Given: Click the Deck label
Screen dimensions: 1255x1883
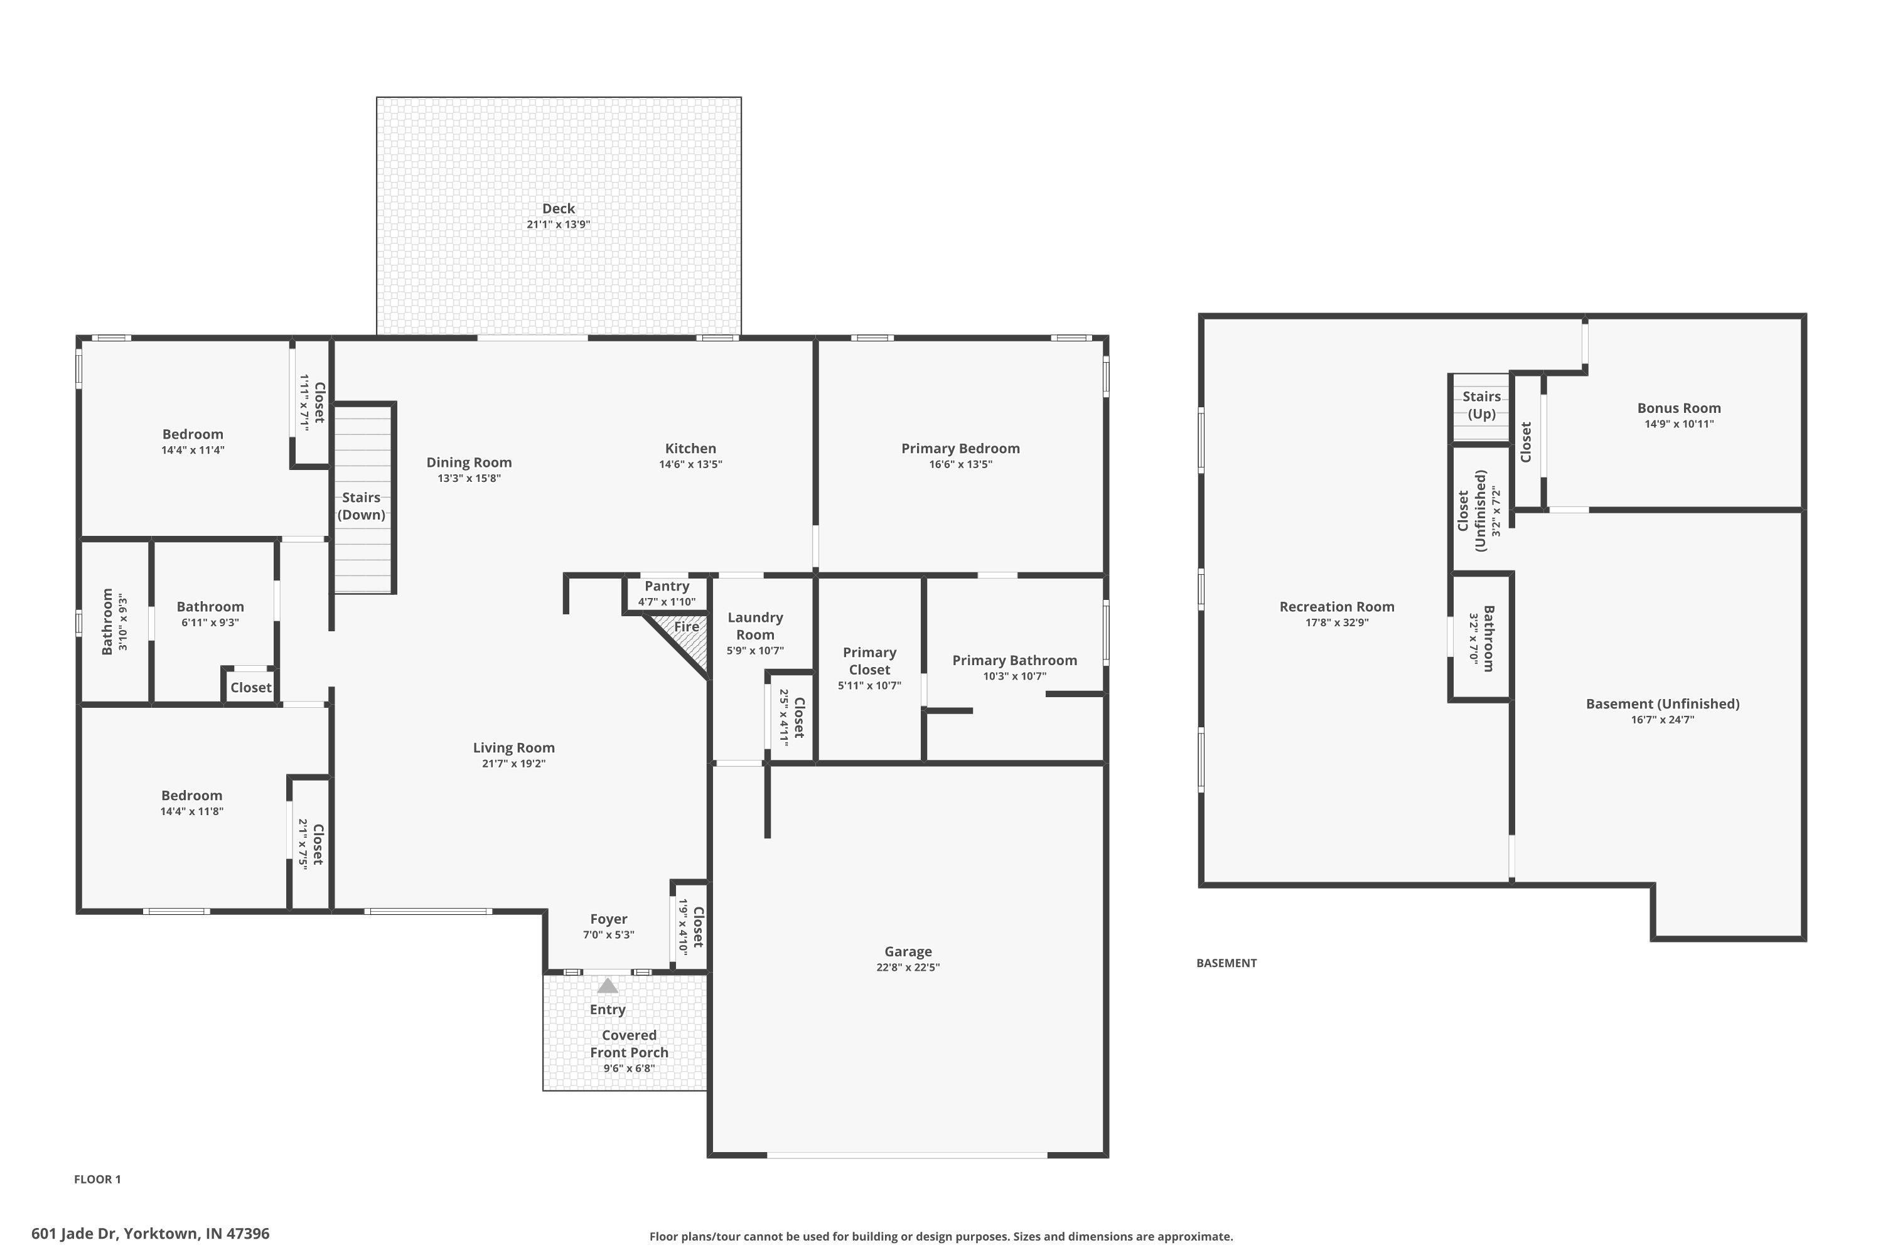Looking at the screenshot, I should [558, 209].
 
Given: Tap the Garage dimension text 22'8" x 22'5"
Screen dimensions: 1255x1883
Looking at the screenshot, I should [908, 967].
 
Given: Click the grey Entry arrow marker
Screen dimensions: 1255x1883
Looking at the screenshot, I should [608, 985].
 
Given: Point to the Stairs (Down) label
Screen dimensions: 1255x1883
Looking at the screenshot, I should [361, 506].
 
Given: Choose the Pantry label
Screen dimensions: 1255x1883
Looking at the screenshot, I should [666, 586].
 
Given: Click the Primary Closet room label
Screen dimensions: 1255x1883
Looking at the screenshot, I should [869, 661].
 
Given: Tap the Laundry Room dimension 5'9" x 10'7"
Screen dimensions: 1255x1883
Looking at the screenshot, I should [755, 651].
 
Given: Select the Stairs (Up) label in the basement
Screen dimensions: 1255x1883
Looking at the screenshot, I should [1481, 405].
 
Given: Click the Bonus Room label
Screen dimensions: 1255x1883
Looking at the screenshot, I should [1679, 409].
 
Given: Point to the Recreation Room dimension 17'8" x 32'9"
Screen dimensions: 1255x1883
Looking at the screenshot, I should [1337, 622].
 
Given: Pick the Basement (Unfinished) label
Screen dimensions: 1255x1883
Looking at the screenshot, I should [1663, 703].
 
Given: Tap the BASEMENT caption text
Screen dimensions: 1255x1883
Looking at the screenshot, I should [1226, 963].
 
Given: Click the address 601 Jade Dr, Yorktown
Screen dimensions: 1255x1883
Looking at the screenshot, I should [151, 1234].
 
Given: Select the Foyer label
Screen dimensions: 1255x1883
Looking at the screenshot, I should [608, 919].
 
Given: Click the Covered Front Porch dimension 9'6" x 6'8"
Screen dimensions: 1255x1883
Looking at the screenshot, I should [630, 1069].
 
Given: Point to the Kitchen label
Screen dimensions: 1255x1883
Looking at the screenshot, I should [690, 448].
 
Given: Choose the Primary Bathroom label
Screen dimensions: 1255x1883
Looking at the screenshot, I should [1014, 660].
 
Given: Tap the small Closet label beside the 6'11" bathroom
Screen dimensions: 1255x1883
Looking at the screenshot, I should [250, 688].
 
